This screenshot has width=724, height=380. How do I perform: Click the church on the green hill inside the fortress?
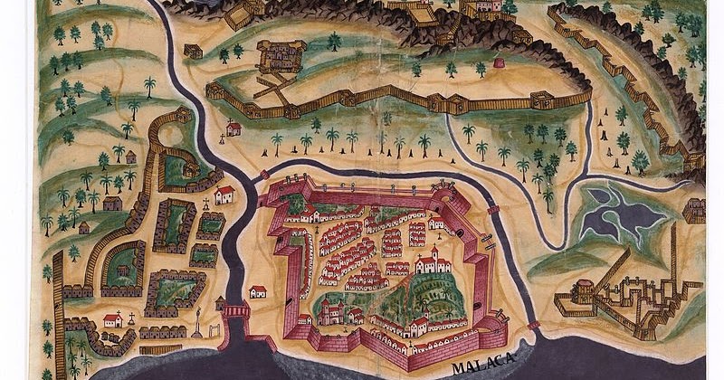pyautogui.click(x=431, y=262)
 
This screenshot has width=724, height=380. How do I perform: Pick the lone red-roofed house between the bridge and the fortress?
pyautogui.click(x=258, y=291)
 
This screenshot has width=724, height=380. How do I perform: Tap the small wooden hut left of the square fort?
pyautogui.click(x=193, y=51)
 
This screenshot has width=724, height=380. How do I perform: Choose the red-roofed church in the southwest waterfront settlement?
pyautogui.click(x=113, y=319)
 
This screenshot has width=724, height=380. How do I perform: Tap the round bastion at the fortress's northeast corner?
pyautogui.click(x=444, y=191)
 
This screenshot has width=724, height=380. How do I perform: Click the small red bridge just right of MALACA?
pyautogui.click(x=533, y=324)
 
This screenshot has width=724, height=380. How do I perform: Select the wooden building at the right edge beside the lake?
pyautogui.click(x=694, y=210)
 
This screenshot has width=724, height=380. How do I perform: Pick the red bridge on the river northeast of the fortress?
pyautogui.click(x=492, y=210)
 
